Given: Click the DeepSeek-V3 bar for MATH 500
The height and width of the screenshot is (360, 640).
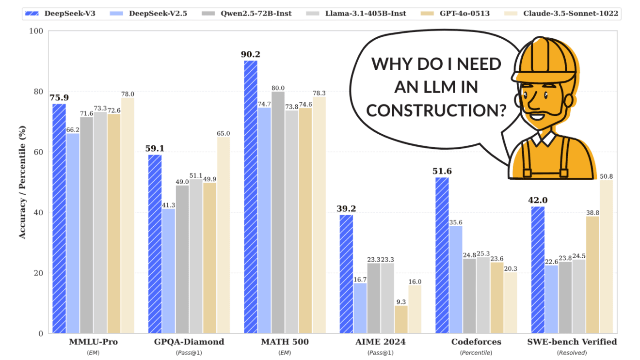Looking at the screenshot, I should tap(251, 197).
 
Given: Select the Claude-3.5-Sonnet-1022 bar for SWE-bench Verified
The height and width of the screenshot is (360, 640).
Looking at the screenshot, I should tap(606, 257).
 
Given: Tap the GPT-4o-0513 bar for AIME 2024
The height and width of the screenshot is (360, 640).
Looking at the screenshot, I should tap(401, 319).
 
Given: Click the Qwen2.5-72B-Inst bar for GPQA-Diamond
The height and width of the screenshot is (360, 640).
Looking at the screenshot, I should tap(182, 259).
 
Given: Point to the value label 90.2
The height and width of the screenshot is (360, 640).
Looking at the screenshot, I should tap(251, 54).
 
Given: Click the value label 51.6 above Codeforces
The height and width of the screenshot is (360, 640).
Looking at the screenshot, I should tap(442, 171).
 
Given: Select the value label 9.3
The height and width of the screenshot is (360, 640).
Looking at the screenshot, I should tap(401, 301).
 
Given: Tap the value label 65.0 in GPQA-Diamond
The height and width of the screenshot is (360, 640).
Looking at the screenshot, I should tap(224, 133).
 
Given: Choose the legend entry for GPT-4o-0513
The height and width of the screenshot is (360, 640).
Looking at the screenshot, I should tap(460, 13).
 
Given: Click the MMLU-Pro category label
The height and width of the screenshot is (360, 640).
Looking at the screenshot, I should tap(93, 342).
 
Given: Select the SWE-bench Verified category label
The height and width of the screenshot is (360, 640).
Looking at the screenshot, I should tap(572, 342).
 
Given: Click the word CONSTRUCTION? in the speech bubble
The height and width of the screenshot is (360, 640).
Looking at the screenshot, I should tap(436, 110).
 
